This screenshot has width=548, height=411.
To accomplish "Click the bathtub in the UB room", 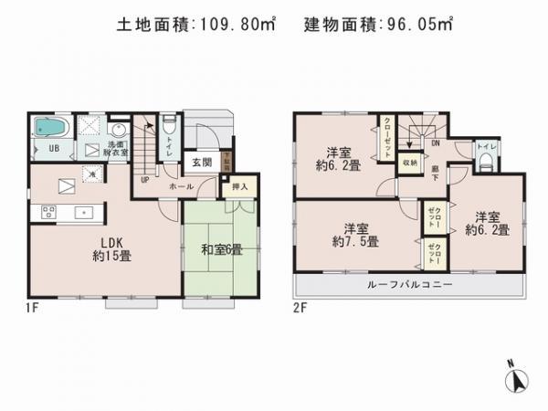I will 47,129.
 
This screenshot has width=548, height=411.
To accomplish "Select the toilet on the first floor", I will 169,129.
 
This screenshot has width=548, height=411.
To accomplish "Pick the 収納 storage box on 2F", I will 410,162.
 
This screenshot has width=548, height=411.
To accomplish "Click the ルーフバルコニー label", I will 410,284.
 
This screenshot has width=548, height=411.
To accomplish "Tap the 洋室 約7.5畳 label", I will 356,234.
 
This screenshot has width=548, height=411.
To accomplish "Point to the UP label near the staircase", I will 144,179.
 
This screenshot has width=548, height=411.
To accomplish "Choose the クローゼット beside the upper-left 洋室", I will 388,140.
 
